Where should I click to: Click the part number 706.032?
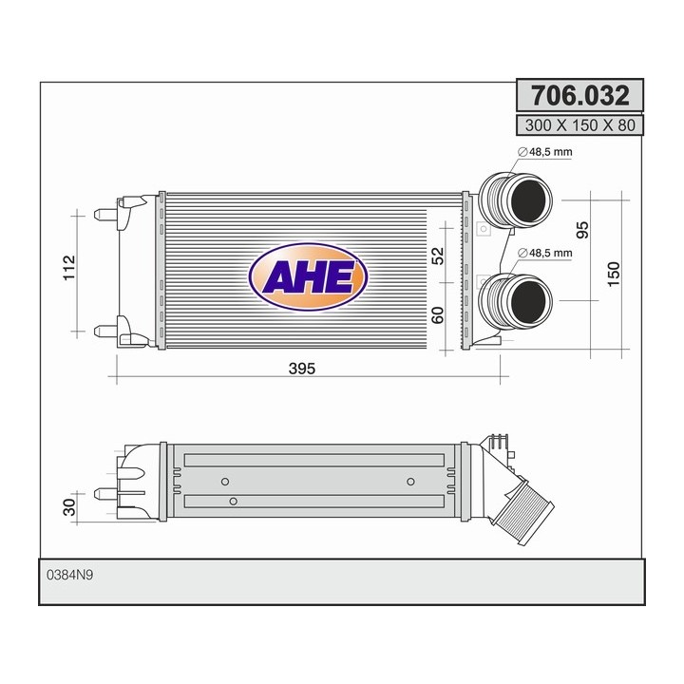(579, 96)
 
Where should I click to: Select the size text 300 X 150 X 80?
(579, 124)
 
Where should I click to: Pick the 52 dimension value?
(438, 256)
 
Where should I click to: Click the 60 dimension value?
(438, 315)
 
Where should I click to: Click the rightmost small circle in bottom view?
(410, 480)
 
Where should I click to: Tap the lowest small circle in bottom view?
(233, 499)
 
